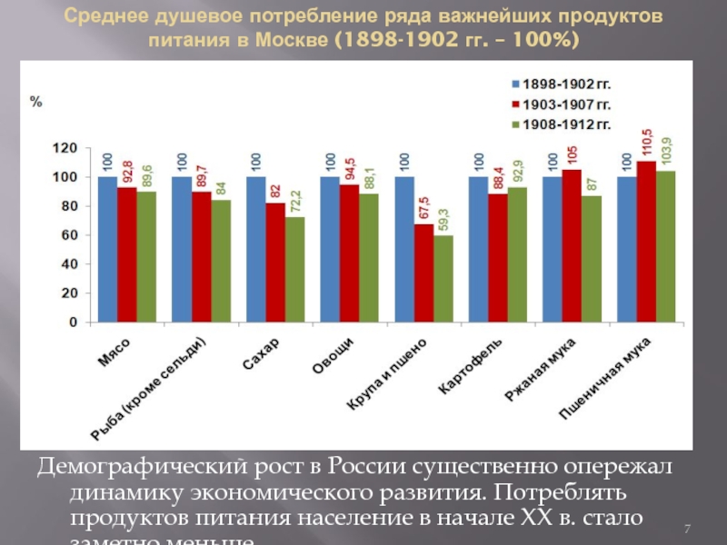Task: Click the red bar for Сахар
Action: coord(274,262)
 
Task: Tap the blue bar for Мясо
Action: coord(107,249)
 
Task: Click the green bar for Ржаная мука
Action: coord(592,258)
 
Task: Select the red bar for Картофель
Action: coord(497,257)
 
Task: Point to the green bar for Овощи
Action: coord(368,257)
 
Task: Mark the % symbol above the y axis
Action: coord(36,101)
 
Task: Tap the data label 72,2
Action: coord(294,200)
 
